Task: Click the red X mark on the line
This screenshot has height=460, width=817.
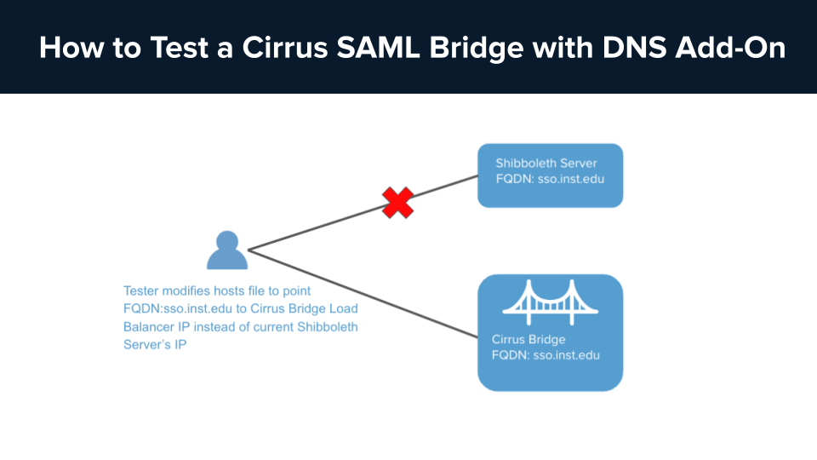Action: pyautogui.click(x=397, y=203)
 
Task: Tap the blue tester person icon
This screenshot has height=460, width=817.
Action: pyautogui.click(x=226, y=250)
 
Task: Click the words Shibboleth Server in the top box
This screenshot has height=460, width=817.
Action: pyautogui.click(x=546, y=164)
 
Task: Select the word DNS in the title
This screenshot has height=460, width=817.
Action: pyautogui.click(x=631, y=48)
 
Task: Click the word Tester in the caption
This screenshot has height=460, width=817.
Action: pyautogui.click(x=142, y=290)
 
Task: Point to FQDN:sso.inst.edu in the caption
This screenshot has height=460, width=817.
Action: pyautogui.click(x=175, y=308)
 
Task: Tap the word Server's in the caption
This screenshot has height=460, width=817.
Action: pyautogui.click(x=155, y=345)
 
